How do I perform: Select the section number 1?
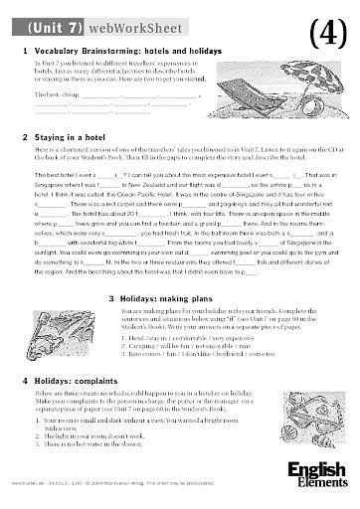(x=22, y=50)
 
